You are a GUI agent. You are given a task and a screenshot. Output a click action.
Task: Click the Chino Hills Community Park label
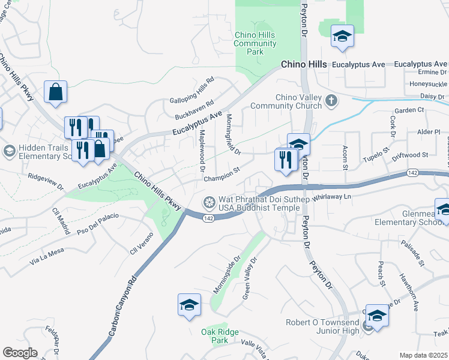[x=255, y=43]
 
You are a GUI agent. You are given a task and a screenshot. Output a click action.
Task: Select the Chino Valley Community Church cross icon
[x=331, y=101]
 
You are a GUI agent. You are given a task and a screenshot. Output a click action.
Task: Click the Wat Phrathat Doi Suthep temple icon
[x=209, y=201]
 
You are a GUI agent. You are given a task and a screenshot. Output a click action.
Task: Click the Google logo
[x=20, y=353]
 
